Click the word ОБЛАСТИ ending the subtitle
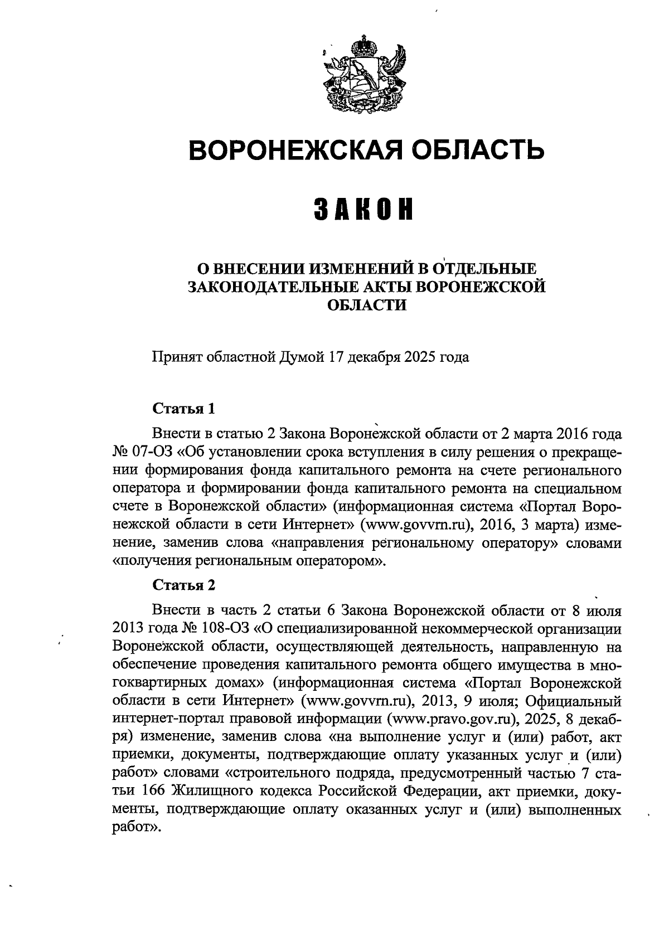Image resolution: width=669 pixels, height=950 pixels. [365, 306]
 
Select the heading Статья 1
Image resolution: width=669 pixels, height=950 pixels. [183, 408]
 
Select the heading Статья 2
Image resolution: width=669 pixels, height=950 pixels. [183, 585]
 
